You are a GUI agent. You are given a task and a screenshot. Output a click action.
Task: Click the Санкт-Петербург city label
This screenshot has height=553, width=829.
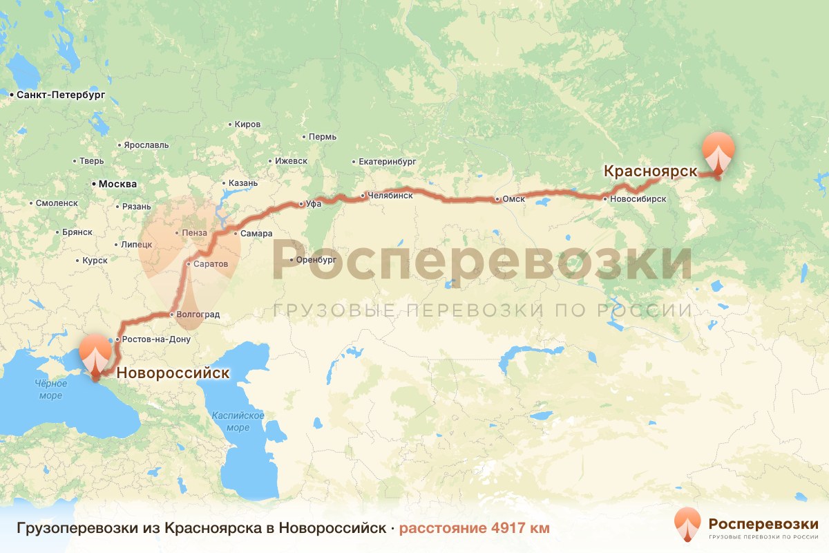(61, 95)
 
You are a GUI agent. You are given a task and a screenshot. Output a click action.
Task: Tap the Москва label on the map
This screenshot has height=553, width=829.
(117, 185)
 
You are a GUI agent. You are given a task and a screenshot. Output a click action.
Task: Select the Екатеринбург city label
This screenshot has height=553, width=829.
(387, 162)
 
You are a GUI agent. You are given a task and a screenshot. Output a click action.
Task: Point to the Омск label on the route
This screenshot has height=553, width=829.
(514, 200)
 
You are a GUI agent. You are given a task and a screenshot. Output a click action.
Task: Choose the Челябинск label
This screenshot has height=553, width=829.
(390, 196)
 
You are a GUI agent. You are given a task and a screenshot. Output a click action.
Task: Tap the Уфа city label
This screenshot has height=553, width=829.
(314, 204)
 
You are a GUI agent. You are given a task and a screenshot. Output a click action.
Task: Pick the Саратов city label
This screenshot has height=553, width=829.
(211, 264)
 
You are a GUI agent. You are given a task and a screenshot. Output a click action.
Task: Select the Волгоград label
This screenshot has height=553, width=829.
(198, 315)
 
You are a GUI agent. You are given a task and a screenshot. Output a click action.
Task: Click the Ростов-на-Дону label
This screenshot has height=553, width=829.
(156, 339)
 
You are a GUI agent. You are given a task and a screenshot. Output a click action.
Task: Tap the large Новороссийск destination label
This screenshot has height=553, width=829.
(173, 374)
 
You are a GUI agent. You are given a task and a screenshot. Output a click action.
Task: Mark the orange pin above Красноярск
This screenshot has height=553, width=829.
(718, 151)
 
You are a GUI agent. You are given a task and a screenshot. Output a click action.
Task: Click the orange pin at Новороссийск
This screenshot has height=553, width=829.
(95, 353)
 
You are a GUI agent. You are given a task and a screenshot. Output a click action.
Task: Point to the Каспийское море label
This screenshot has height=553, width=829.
(238, 421)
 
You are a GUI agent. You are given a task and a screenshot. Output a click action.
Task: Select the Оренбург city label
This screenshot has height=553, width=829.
(315, 260)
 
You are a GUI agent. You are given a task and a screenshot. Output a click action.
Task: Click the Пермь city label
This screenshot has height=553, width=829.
(323, 137)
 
